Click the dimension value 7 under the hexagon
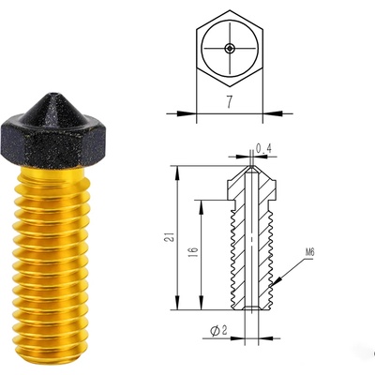tap(230, 102)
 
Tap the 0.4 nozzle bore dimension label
tap(263, 148)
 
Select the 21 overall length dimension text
tap(170, 237)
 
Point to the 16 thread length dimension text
tap(194, 252)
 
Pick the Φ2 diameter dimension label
tap(218, 331)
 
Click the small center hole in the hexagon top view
tap(230, 48)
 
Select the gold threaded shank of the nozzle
tap(52, 265)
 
